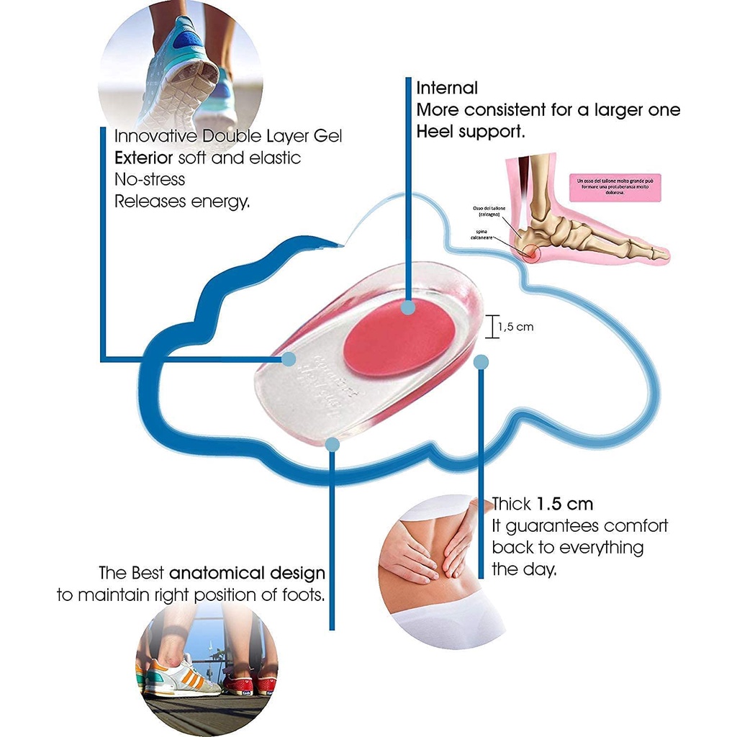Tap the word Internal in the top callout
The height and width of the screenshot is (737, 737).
[x=447, y=88]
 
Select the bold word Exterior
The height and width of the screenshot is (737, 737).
[x=143, y=157]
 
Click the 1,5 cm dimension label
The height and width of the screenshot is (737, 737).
[x=515, y=327]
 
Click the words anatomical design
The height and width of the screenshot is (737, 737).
[x=248, y=574]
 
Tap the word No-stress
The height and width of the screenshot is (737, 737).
[x=150, y=179]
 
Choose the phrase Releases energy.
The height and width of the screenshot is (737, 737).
[x=182, y=202]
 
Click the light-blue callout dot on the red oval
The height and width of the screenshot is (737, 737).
[x=408, y=307]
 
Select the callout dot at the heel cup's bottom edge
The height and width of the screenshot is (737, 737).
[x=332, y=445]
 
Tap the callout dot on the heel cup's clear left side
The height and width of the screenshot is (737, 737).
[x=289, y=358]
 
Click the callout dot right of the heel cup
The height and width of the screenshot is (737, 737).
[x=481, y=361]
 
